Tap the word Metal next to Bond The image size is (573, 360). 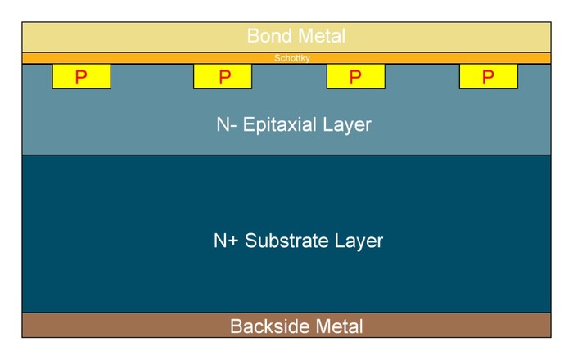[322, 36]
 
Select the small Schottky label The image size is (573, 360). [292, 58]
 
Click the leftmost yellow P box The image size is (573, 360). [82, 76]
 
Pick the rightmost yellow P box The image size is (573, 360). [489, 76]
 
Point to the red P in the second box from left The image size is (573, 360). [225, 77]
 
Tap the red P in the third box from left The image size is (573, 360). [355, 77]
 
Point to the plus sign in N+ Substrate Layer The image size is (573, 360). [234, 241]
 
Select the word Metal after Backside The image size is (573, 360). [339, 326]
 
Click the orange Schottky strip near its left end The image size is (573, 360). [37, 58]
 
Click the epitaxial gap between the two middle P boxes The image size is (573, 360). [289, 76]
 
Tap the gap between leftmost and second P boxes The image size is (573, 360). [152, 76]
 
